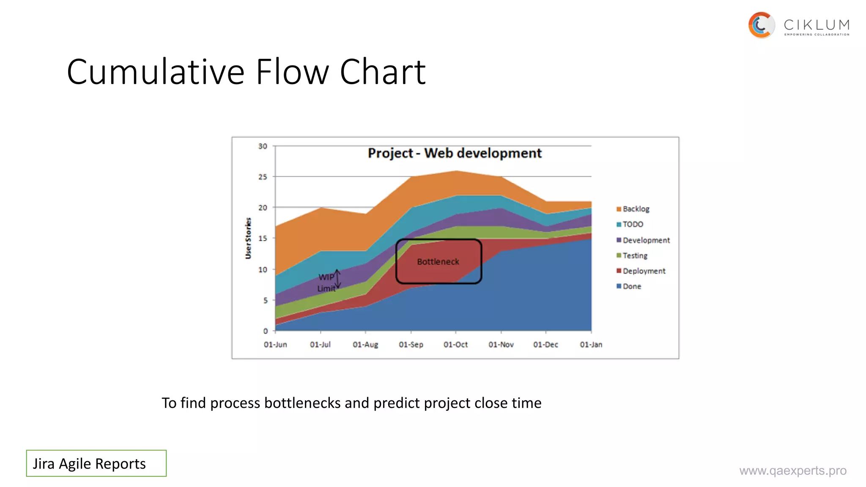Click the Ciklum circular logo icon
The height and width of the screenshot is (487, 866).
pos(761,25)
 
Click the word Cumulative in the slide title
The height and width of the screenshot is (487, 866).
pos(156,72)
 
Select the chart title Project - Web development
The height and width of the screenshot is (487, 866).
pos(455,153)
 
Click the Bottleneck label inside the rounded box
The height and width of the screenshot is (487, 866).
pos(438,262)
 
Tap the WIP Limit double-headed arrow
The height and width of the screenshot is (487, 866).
pos(337,279)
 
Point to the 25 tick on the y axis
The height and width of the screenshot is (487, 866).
pos(263,177)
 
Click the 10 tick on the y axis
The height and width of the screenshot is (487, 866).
pos(263,269)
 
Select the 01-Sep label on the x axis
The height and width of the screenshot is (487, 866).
pos(411,345)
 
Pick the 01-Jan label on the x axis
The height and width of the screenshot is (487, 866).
pos(591,345)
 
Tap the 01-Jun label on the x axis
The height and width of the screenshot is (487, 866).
pos(275,345)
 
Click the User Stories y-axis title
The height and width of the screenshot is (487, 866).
pos(248,238)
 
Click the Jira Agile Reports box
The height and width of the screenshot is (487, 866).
pos(96,463)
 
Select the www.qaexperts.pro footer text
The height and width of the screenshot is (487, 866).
pos(793,471)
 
